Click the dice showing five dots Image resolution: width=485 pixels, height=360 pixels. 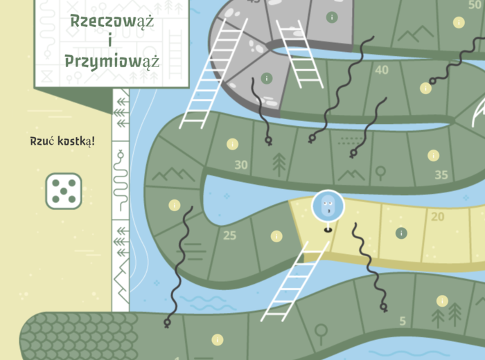click(64, 191)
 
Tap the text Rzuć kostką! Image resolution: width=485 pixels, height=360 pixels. click(62, 141)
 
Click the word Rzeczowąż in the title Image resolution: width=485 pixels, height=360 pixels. click(112, 21)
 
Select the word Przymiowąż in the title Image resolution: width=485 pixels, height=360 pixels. click(112, 60)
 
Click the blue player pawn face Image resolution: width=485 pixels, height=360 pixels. click(327, 206)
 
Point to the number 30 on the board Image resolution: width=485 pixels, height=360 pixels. click(241, 165)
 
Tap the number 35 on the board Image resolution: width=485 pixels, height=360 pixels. click(441, 174)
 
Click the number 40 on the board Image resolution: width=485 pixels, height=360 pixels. click(381, 70)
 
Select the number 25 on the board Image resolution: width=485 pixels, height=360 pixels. click(230, 235)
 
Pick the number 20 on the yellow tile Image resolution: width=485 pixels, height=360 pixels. click(437, 217)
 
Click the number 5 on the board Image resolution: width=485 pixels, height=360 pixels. click(403, 321)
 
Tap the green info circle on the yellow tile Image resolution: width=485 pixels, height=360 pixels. click(401, 233)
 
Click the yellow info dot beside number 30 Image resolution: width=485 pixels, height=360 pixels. click(232, 144)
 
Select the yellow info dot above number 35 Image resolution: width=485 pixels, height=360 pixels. click(434, 155)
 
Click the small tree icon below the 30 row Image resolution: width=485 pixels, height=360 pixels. click(279, 164)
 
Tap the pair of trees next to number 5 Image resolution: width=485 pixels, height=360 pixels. click(447, 316)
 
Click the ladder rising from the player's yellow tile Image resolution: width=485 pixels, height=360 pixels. click(297, 280)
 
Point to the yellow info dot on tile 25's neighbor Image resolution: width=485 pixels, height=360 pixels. click(276, 235)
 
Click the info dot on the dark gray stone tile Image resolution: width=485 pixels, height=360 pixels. click(266, 78)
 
